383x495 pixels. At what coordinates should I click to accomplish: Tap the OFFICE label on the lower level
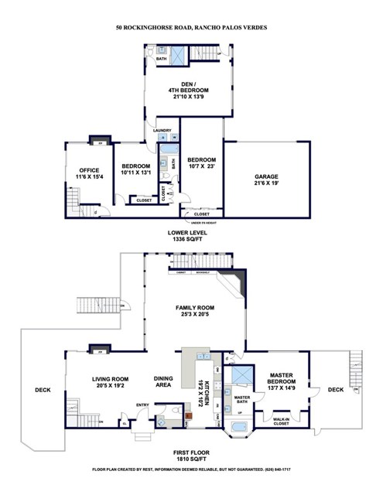pos(90,170)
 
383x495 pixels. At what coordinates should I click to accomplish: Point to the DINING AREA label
pos(162,381)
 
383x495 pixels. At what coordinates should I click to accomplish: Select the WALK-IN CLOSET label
pos(282,422)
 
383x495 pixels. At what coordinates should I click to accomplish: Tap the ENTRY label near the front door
pos(143,405)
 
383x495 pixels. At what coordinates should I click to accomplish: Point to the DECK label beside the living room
pos(43,390)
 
